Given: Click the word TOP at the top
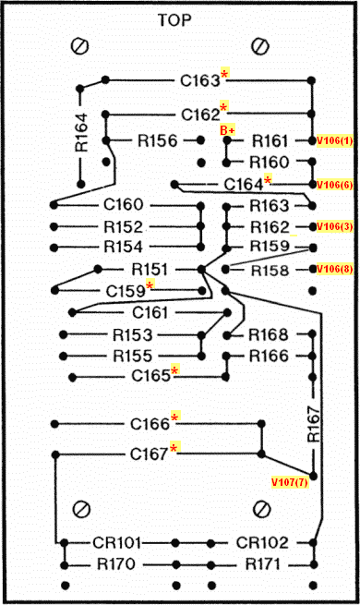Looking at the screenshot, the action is click(174, 20).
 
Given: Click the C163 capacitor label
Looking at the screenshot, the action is click(200, 80).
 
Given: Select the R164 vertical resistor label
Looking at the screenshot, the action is click(82, 132).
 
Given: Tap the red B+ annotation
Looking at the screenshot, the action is click(227, 130).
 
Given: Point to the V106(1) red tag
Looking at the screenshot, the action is click(334, 140).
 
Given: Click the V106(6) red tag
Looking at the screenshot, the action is click(334, 185).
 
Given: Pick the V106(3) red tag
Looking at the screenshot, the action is click(334, 226).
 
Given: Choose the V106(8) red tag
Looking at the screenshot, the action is click(334, 269).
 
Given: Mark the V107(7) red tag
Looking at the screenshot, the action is click(290, 482).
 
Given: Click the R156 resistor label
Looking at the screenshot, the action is click(158, 140).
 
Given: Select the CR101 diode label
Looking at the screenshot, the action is click(117, 543).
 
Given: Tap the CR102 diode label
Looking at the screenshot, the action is click(262, 543).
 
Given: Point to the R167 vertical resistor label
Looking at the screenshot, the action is click(314, 424).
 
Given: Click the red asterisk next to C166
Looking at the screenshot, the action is click(175, 417).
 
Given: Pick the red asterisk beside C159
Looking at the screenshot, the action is click(150, 285).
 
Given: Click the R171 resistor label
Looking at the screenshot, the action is click(262, 564).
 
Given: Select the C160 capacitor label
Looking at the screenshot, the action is click(124, 204).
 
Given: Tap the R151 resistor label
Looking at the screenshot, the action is click(150, 270).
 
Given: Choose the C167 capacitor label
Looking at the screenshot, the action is click(150, 454).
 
